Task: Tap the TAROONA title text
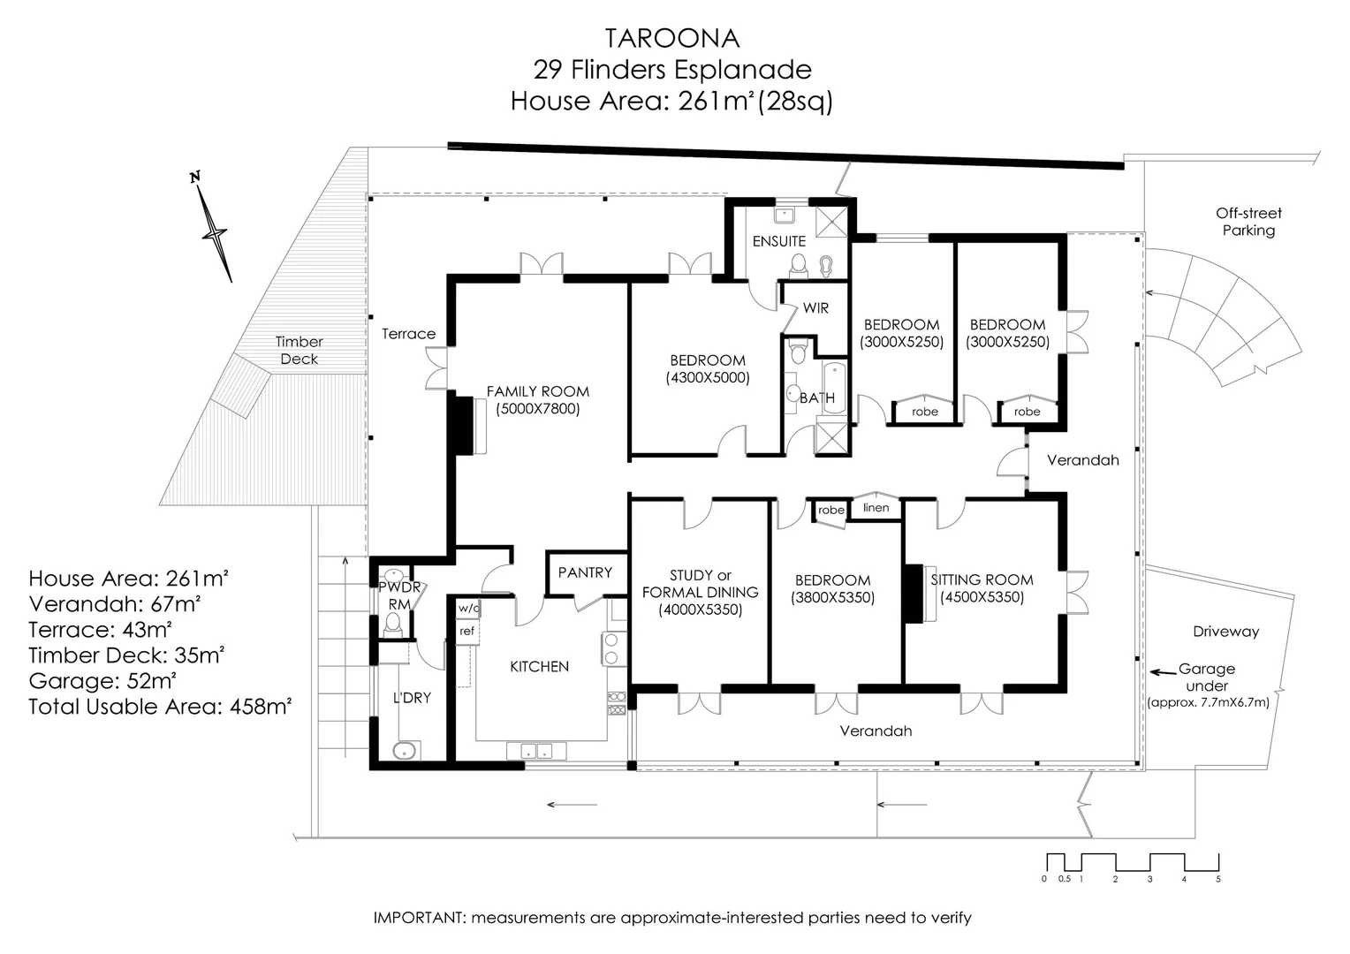[x=671, y=38]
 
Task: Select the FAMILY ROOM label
[x=537, y=391]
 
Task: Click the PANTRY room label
[x=585, y=572]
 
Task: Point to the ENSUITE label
[x=778, y=241]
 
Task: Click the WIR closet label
[x=815, y=308]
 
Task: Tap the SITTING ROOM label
[x=982, y=579]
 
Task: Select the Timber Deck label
[x=299, y=350]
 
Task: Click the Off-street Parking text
[x=1248, y=222]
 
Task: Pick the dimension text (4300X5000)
[x=708, y=378]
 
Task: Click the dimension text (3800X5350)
[x=833, y=598]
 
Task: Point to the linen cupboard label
[x=876, y=508]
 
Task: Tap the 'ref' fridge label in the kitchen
[x=466, y=631]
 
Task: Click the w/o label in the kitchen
[x=467, y=608]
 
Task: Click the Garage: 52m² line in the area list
[x=102, y=681]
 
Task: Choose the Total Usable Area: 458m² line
[x=160, y=707]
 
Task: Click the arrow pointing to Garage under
[x=1162, y=672]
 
